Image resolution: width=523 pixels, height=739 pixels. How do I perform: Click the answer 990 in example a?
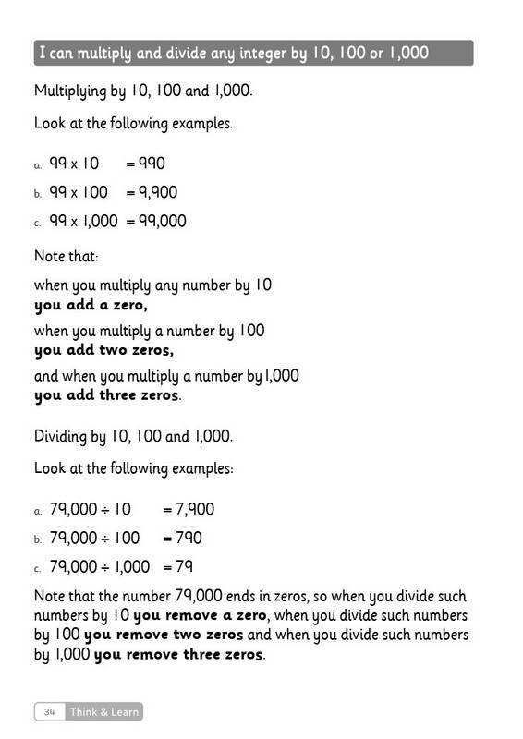point(151,164)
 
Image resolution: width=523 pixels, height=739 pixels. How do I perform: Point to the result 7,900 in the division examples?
point(196,509)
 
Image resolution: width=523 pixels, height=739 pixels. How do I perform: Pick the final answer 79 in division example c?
point(185,566)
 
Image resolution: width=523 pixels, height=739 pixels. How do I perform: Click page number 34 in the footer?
point(50,711)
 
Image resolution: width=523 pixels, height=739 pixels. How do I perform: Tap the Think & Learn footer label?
point(105,711)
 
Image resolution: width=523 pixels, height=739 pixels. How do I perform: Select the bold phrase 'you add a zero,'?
point(91,304)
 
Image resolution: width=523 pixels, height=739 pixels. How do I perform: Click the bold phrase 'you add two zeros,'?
point(103,350)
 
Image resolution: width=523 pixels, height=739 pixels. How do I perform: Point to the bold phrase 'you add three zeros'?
point(106,395)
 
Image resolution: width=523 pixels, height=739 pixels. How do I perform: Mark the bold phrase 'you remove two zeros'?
point(164,636)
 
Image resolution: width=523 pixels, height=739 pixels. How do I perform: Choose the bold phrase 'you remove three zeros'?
point(178,656)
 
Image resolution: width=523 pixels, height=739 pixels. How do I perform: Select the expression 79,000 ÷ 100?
point(94,538)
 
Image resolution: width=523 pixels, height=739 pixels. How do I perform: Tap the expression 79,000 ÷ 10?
point(91,509)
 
